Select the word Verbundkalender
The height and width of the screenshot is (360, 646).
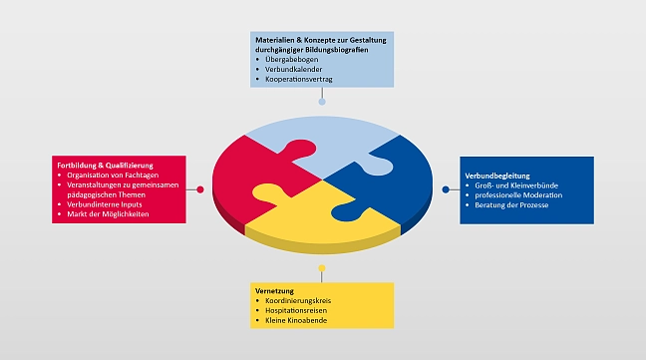(x=292, y=68)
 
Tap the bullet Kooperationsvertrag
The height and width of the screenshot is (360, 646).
(x=298, y=78)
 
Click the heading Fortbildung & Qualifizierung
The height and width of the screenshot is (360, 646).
(x=105, y=165)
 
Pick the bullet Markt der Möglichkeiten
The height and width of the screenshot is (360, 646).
(x=113, y=214)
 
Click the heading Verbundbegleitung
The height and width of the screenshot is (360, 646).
(x=497, y=177)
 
